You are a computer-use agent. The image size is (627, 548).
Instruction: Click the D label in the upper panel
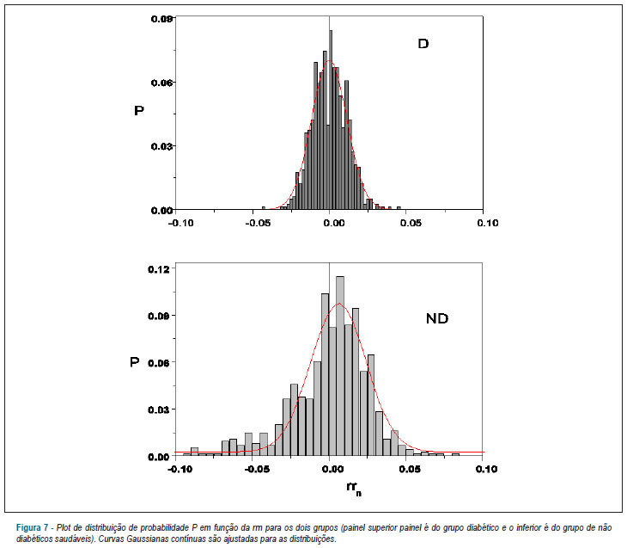423,43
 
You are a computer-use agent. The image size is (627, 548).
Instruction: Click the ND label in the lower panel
437,318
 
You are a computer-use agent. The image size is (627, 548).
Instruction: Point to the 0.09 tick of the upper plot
162,19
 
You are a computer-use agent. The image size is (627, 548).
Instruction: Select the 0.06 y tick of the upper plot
162,83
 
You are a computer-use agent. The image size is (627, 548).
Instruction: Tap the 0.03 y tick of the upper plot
162,146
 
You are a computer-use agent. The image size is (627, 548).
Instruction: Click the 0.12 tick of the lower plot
159,268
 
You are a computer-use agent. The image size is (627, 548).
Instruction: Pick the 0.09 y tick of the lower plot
159,316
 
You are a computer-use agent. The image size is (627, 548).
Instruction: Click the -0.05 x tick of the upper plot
258,223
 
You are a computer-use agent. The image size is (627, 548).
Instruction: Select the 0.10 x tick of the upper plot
488,223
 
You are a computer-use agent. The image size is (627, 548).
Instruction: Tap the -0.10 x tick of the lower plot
180,469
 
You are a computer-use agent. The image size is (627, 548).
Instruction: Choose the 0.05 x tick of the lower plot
410,469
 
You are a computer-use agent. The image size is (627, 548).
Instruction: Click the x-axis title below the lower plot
354,489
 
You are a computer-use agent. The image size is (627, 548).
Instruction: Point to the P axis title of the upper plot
139,110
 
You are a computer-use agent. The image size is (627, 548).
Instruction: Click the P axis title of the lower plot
135,361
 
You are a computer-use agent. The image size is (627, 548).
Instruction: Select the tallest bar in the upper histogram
331,120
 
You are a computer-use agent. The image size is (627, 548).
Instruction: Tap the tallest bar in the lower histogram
340,366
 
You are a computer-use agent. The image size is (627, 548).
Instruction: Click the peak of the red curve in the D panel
329,61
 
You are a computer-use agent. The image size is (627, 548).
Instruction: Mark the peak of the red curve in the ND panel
338,303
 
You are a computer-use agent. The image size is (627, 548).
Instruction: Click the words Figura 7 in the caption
32,527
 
